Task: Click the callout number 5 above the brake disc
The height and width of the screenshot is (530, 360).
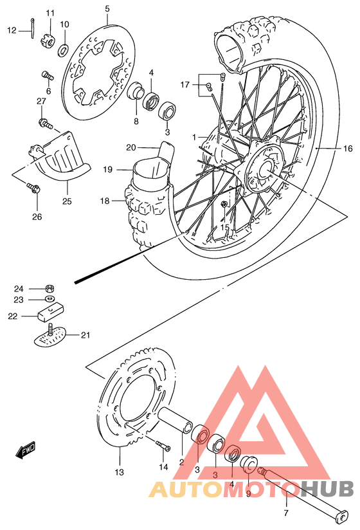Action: point(107,8)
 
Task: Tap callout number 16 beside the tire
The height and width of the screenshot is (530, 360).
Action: point(347,149)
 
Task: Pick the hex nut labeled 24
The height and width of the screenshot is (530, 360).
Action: point(50,289)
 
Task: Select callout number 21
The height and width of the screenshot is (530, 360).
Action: point(85,334)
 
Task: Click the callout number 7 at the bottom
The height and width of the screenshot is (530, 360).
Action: point(286,513)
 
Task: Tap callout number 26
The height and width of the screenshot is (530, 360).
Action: point(37,217)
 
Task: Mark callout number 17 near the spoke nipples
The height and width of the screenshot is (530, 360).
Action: point(184,84)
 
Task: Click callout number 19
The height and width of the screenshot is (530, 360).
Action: point(107,169)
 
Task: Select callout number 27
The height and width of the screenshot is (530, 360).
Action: point(40,101)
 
